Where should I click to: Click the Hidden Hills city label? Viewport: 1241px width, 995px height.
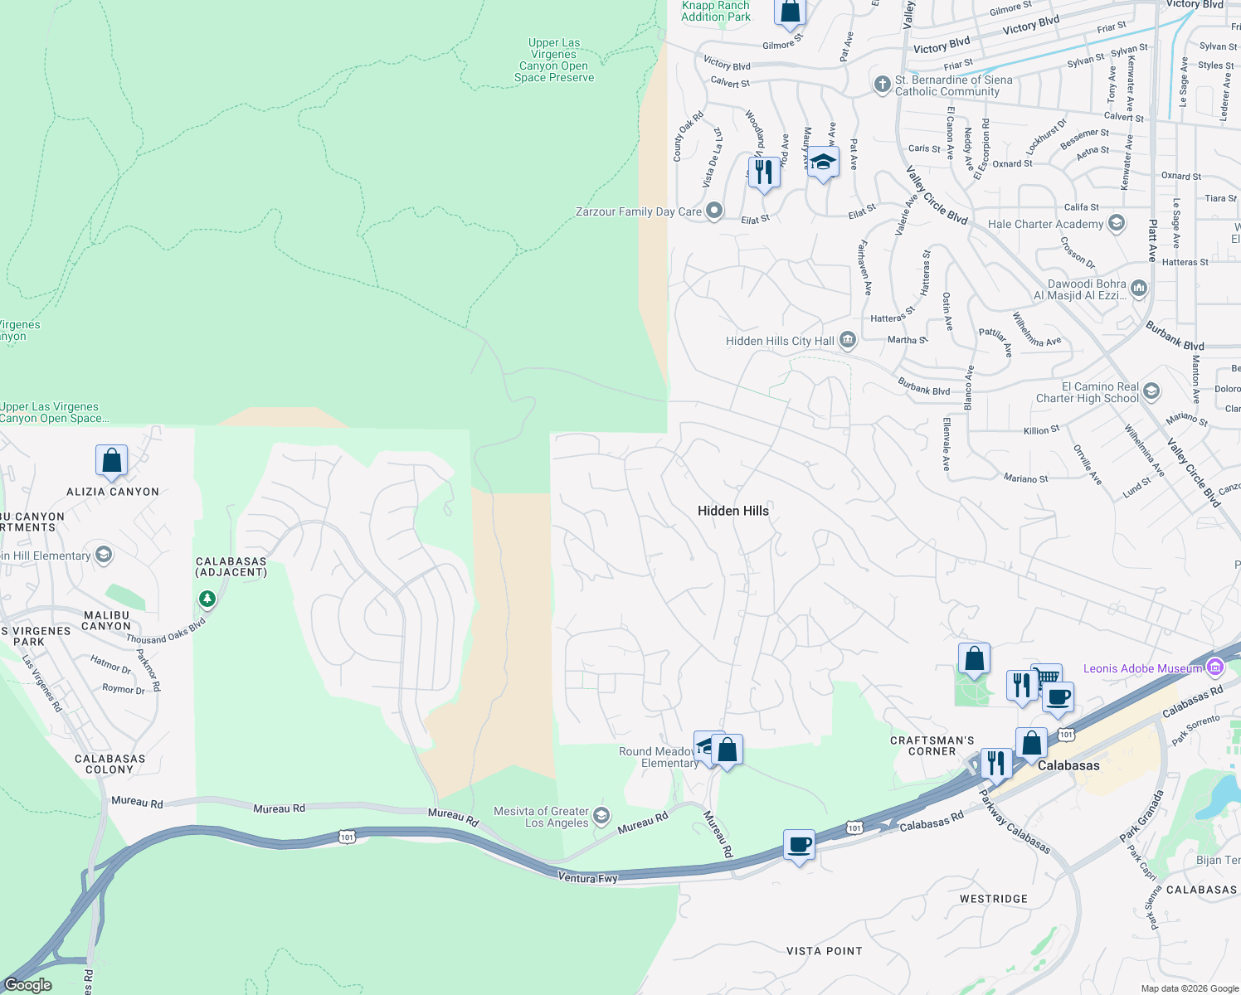point(732,511)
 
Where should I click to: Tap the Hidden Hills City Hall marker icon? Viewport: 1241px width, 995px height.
point(847,340)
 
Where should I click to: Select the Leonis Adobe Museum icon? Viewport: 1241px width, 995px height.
point(1215,667)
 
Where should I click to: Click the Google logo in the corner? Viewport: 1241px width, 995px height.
point(28,984)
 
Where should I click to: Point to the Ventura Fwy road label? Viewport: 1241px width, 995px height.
point(587,877)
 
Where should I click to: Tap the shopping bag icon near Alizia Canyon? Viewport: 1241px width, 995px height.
point(111,460)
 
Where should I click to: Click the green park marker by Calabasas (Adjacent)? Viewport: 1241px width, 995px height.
point(207,598)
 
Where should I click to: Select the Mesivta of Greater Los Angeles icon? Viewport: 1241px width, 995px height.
point(601,816)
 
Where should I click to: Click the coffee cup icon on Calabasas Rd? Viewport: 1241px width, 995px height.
point(799,845)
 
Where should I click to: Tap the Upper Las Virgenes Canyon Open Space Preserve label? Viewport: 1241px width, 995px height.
point(554,61)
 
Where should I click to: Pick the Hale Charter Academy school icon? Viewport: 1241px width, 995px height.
point(1117,222)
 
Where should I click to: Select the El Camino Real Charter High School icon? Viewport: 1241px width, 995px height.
point(1151,391)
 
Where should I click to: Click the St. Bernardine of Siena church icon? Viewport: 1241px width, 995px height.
point(882,83)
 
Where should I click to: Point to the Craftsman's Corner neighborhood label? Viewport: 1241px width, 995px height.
point(932,745)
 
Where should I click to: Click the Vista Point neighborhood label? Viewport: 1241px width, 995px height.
point(824,951)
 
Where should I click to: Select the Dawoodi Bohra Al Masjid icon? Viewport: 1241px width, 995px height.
point(1138,289)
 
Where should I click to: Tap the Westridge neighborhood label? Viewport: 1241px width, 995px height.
point(993,899)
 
